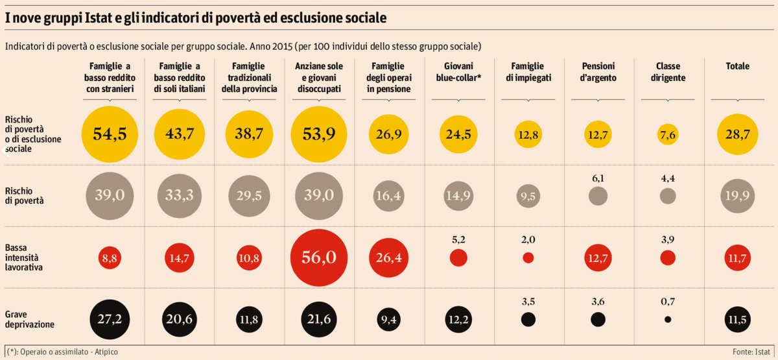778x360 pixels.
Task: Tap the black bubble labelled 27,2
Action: (110, 320)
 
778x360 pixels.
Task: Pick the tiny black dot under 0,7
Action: (667, 320)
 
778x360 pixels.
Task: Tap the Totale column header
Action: (738, 66)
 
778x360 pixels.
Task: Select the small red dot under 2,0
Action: (528, 258)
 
